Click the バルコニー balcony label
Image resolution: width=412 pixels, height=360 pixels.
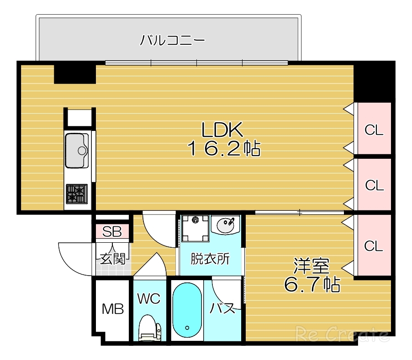coord(172,41)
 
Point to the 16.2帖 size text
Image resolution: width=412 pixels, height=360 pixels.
coord(223,148)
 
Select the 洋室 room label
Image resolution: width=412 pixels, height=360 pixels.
coord(312,266)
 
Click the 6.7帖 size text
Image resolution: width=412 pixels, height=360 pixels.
coord(312,285)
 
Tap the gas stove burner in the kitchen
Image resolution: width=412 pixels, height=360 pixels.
coord(76,193)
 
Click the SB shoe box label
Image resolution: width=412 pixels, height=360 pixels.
coord(112,232)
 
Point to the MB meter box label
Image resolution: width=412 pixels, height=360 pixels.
coord(112,309)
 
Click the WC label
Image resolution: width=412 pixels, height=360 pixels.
coord(149,299)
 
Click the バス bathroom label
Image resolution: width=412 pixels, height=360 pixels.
coord(222,308)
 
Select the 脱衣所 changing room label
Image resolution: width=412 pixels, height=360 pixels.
coord(210,259)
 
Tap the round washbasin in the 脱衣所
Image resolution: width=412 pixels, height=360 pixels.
coord(226,225)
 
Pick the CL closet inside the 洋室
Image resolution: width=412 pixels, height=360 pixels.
coord(374,245)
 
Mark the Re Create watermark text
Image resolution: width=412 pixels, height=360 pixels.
coord(343,334)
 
